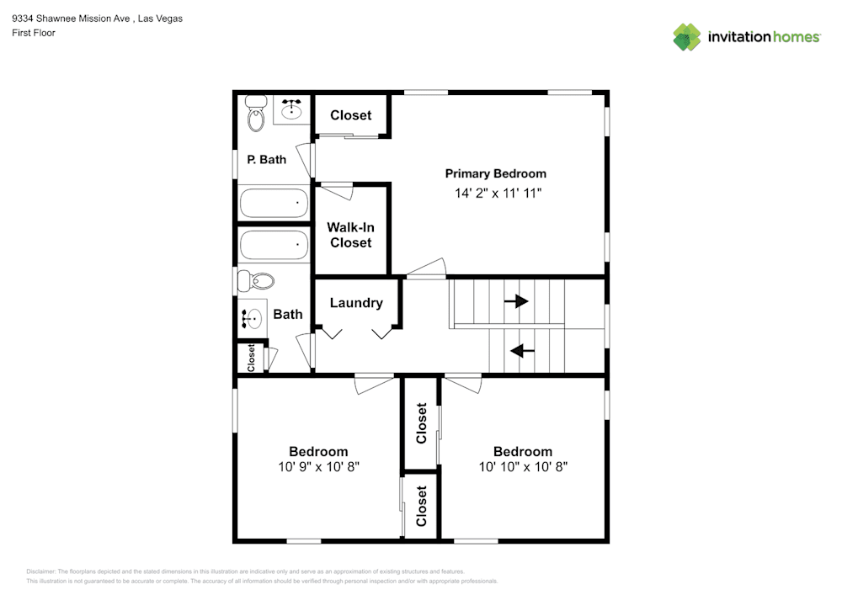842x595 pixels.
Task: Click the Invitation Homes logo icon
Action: [687, 36]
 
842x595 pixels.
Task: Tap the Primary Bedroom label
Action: [495, 173]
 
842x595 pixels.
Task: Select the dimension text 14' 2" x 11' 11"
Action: [495, 193]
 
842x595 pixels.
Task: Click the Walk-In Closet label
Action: [350, 235]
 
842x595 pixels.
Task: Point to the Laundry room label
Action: [356, 303]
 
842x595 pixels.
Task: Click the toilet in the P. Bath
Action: [255, 114]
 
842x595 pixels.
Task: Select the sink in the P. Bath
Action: [293, 109]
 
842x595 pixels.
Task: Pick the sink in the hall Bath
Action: [252, 317]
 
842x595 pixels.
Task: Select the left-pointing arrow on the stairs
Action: [523, 350]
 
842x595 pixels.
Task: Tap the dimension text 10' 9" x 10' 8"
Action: [318, 466]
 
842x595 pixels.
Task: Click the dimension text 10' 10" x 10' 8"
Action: [523, 466]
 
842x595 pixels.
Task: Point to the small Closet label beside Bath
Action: [251, 357]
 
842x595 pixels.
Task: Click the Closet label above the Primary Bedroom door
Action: [351, 115]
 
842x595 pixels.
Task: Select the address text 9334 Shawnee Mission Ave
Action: [72, 19]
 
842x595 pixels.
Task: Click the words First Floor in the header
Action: [34, 33]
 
